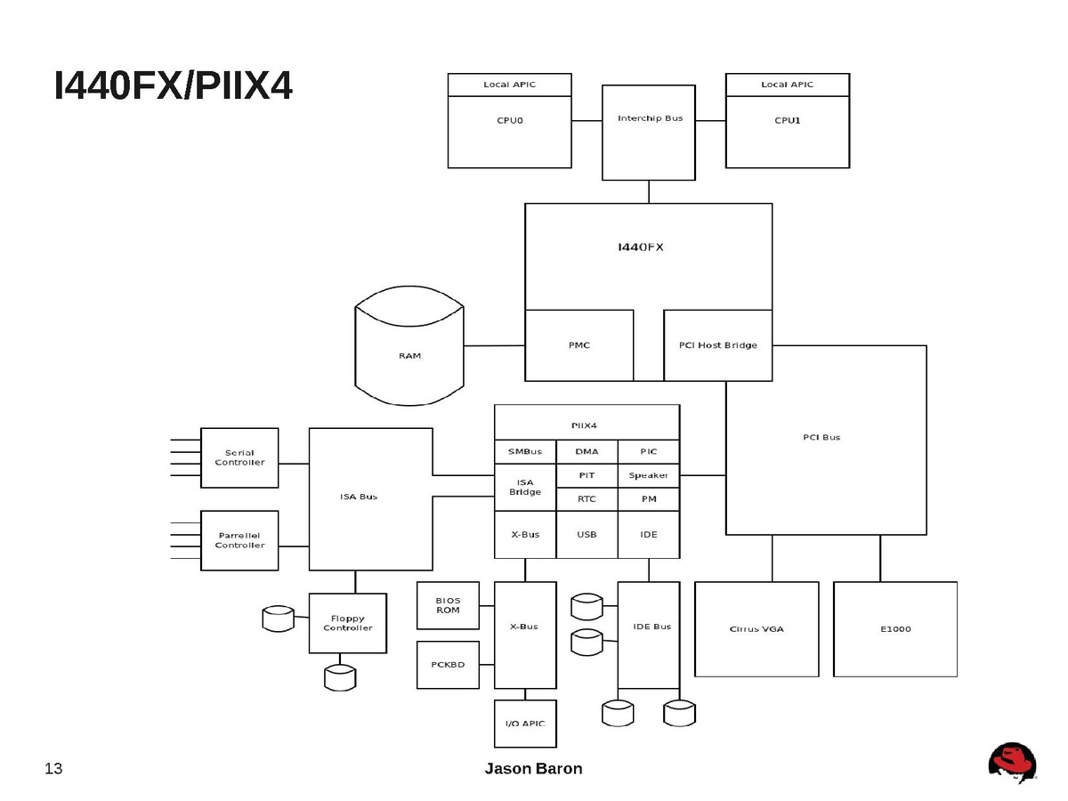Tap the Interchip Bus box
649,132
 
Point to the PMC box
579,345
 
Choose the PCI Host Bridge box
717,345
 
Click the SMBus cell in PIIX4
525,451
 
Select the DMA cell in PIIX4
587,451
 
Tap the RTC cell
587,499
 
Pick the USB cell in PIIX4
587,535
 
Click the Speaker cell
649,475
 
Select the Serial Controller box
239,457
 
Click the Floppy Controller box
348,623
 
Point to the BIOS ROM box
448,605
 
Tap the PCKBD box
448,664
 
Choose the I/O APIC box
525,724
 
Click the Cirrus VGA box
756,629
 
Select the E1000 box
895,629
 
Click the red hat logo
1012,763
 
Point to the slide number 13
53,769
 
